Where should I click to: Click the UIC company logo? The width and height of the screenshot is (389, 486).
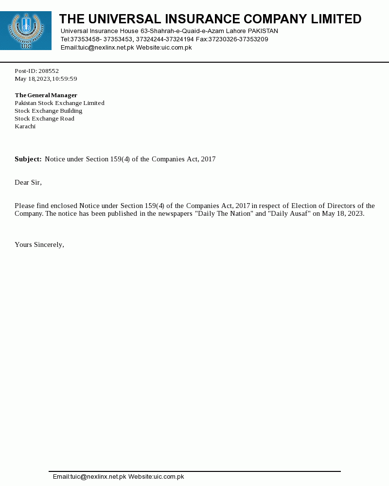26,31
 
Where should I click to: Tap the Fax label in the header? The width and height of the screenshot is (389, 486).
201,39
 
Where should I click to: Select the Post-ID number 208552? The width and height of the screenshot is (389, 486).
49,71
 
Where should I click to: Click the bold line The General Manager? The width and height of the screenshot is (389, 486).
46,95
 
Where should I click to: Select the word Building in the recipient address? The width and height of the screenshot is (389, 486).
71,111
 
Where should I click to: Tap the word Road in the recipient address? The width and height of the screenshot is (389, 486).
67,119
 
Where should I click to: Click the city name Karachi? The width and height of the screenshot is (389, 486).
25,126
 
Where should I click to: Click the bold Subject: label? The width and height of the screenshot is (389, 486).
28,159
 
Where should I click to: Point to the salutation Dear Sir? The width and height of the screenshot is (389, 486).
28,183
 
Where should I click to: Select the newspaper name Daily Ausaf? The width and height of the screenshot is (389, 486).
290,214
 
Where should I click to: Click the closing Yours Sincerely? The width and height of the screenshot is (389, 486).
39,245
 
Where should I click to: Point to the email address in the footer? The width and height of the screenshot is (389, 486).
89,477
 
